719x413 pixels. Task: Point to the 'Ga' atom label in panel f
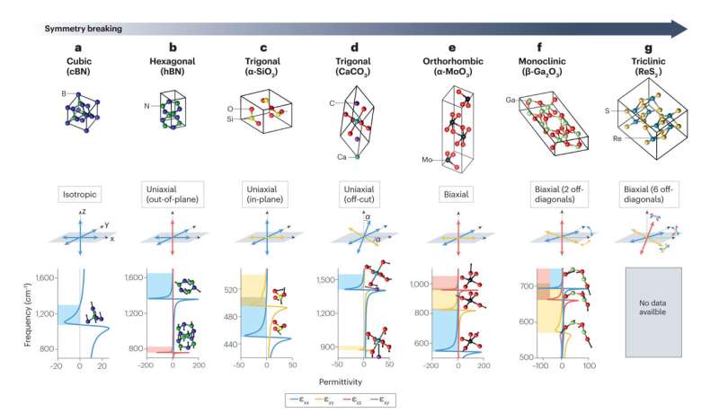click(511, 100)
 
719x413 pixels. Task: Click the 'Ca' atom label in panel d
click(342, 156)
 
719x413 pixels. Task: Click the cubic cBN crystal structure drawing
click(89, 119)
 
